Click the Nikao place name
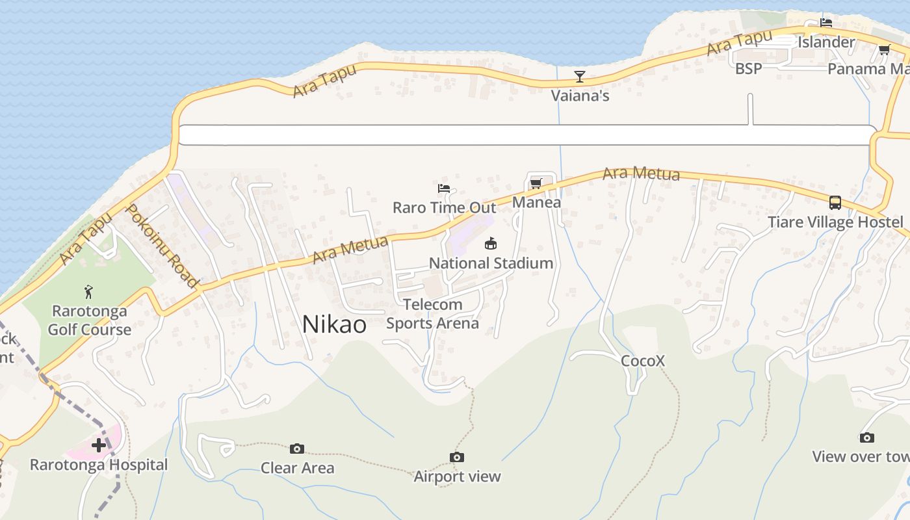[334, 324]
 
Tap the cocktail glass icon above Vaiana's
[579, 77]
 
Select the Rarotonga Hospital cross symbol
[99, 445]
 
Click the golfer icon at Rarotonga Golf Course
[89, 292]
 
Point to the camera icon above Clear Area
[297, 448]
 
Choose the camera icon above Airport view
[457, 457]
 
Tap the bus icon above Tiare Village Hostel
[835, 203]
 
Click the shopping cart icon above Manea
[536, 184]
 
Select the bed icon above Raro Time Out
[444, 188]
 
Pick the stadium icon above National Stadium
[491, 244]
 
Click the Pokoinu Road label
[161, 246]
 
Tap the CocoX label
[643, 361]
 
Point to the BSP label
[748, 68]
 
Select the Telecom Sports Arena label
[433, 313]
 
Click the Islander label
[826, 42]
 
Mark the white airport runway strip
[526, 135]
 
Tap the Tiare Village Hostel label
[835, 222]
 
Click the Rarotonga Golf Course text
[90, 320]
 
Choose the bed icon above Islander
[826, 23]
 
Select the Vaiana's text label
[580, 96]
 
